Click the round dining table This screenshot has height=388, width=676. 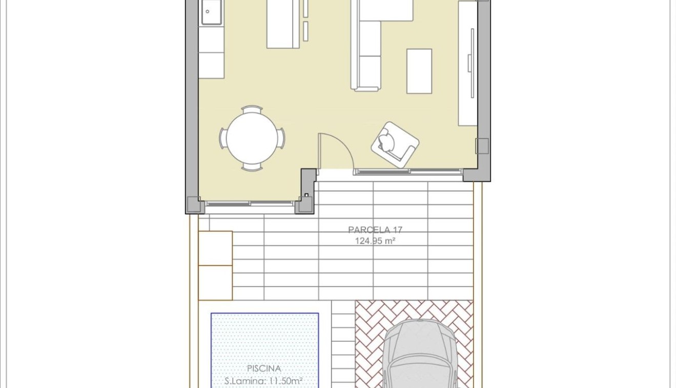pos(252,138)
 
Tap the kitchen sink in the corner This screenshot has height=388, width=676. pos(211,12)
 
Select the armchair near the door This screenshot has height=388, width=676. pos(395,144)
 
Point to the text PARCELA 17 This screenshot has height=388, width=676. pos(375,230)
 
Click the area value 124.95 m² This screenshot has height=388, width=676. pos(375,241)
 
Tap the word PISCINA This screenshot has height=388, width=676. pos(263,368)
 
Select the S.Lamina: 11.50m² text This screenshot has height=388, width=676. pos(263,381)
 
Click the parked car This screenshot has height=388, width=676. pos(420,354)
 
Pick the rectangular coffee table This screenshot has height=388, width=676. pos(419,71)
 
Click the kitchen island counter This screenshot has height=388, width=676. pos(283,24)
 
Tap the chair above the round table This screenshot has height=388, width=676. pos(252,109)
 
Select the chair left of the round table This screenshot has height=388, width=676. pos(222,138)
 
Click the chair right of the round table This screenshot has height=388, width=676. pos(281,138)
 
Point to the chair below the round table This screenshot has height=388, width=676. pos(252,167)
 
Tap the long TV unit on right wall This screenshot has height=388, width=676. pos(467,63)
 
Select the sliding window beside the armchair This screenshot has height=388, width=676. pos(408,172)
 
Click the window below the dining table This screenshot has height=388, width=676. pos(250,204)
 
